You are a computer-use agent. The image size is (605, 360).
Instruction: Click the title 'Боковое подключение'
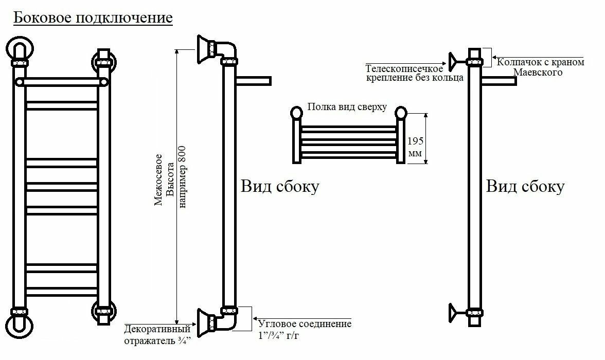(93, 18)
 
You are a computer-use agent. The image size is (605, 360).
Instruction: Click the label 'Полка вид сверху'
(347, 107)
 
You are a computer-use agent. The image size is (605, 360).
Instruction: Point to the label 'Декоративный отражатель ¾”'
(157, 335)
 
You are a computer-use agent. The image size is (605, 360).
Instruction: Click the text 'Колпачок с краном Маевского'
(541, 67)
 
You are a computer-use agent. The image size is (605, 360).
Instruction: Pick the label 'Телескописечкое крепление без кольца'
(415, 73)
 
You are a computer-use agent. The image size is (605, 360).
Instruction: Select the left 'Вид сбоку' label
(280, 186)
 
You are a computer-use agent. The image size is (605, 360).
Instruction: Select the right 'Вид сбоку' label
(525, 186)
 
